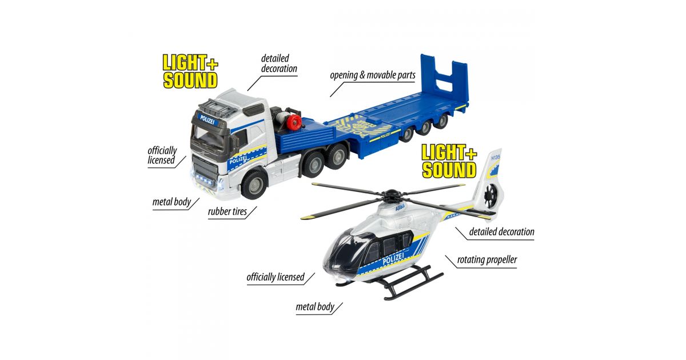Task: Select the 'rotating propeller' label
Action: click(486, 260)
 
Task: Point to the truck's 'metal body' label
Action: click(171, 202)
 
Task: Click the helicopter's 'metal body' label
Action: click(314, 307)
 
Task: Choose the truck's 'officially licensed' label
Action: click(162, 155)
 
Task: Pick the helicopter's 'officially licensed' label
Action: click(275, 277)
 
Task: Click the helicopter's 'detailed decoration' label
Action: click(501, 231)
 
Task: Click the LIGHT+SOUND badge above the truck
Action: click(190, 71)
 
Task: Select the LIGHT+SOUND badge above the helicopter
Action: click(448, 161)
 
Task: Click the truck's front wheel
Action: click(254, 183)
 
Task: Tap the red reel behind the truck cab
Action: click(293, 122)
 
